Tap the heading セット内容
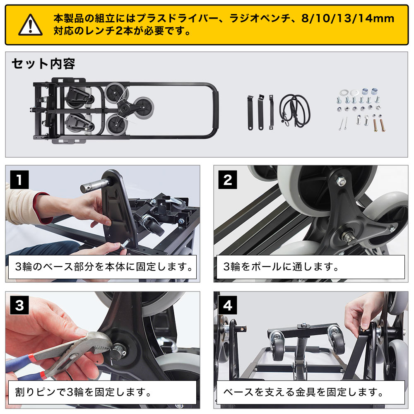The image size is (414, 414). click(43, 64)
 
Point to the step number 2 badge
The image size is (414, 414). click(228, 180)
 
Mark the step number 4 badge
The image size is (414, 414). click(228, 306)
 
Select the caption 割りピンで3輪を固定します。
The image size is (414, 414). click(82, 392)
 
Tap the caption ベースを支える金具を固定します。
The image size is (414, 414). click(301, 392)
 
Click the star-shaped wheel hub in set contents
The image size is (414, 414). click(123, 107)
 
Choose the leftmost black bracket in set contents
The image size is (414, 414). click(250, 112)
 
